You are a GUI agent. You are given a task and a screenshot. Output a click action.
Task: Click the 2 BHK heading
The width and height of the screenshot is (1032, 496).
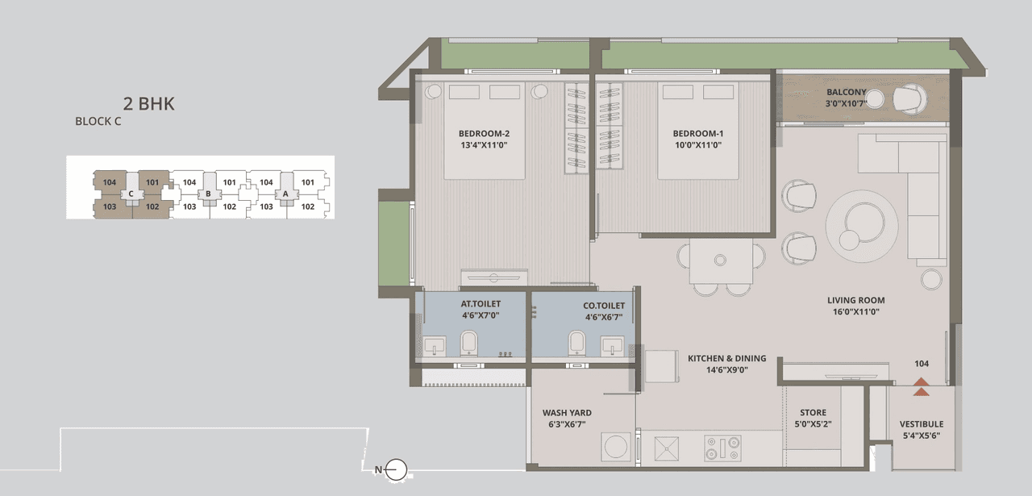coord(149,103)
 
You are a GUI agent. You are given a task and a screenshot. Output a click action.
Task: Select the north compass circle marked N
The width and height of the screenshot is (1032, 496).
coord(395,469)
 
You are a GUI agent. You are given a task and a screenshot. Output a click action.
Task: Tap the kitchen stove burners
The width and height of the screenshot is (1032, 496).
coord(722,447)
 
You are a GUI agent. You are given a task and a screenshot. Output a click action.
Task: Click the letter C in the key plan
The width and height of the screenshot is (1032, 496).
coord(131,194)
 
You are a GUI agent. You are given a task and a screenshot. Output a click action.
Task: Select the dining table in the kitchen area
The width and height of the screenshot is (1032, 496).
coord(721,259)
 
